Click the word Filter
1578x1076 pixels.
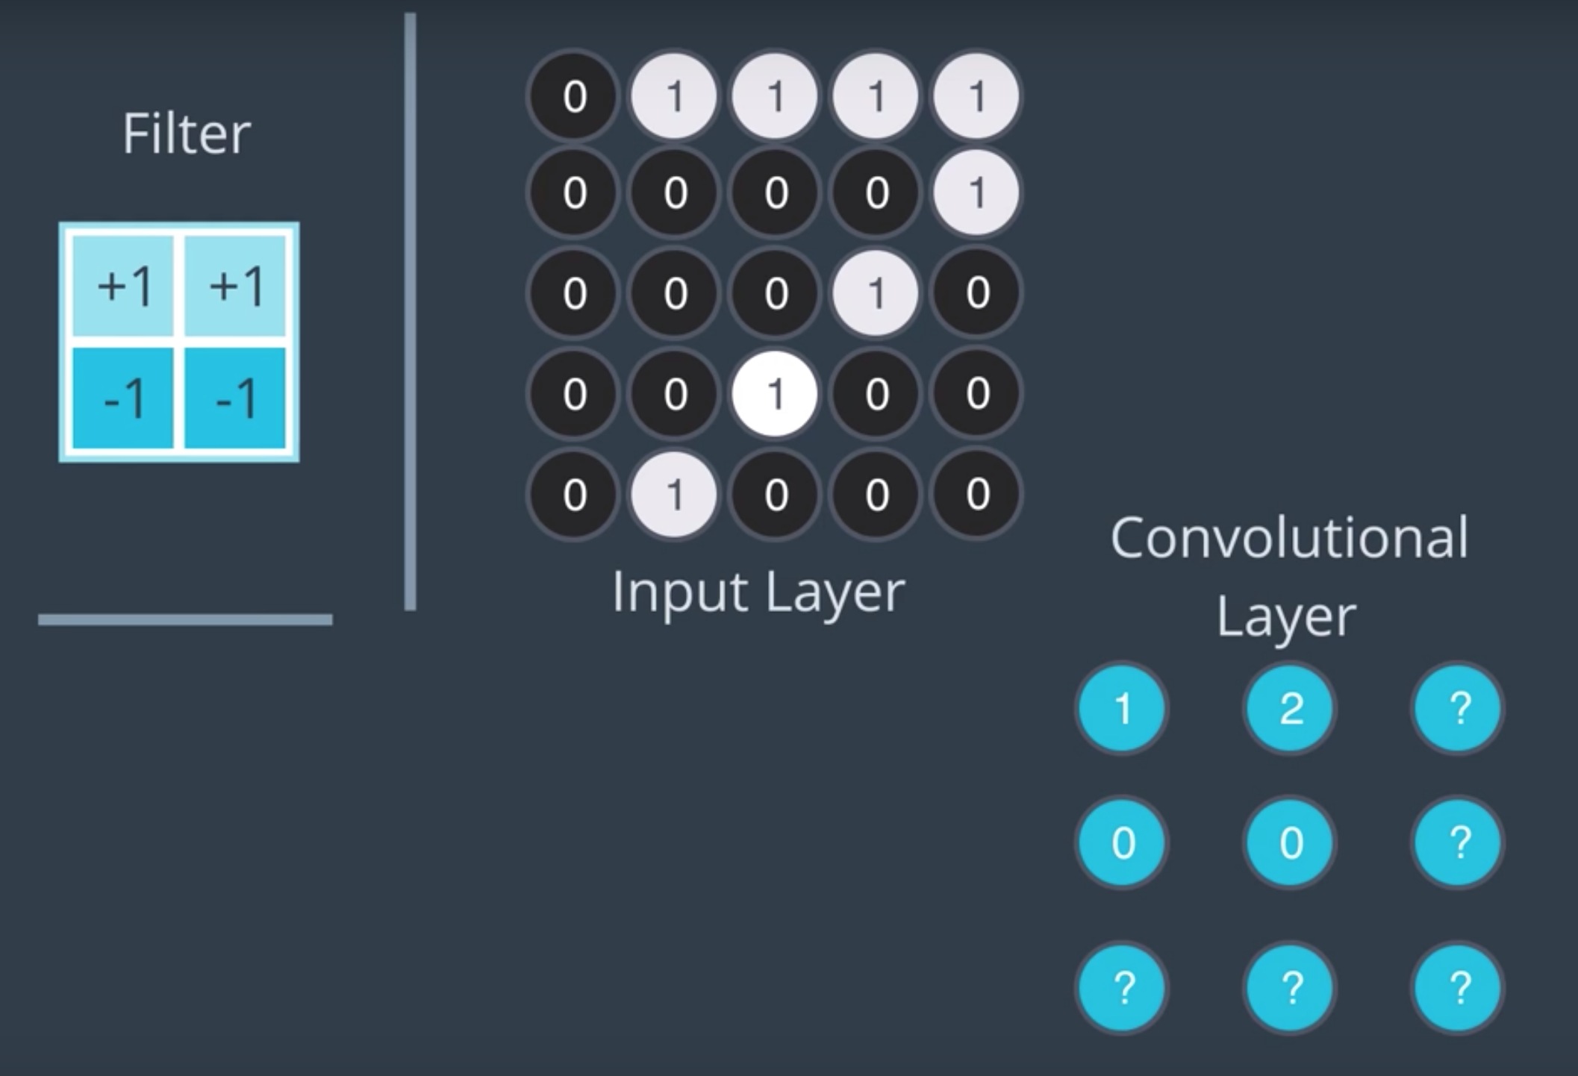(187, 134)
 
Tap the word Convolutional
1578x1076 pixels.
(1289, 537)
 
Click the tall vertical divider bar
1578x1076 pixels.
(410, 311)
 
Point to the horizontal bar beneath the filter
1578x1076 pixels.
(185, 619)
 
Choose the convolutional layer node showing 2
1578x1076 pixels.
(1290, 708)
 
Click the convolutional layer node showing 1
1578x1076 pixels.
(1122, 708)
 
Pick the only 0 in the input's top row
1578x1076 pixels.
(574, 96)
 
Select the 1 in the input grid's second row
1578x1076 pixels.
(976, 193)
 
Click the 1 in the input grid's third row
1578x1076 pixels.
(876, 293)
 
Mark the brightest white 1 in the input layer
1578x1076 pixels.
(775, 393)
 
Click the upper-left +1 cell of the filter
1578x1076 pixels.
(123, 286)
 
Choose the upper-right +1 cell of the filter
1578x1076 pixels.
(235, 286)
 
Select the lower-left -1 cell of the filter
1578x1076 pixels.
(123, 398)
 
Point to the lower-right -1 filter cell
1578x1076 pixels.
(235, 398)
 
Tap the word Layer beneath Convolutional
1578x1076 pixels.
(1286, 617)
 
